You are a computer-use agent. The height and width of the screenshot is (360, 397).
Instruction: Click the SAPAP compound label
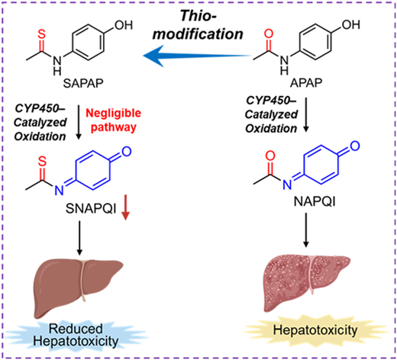(83, 83)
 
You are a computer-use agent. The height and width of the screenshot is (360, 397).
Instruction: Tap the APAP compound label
(306, 82)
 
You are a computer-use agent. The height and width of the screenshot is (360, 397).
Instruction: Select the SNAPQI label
(91, 209)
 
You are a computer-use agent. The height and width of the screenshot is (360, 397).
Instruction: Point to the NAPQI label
(315, 202)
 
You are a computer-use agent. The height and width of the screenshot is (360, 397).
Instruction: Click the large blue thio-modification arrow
(197, 55)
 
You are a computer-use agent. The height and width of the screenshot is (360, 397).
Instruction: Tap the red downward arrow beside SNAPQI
(125, 207)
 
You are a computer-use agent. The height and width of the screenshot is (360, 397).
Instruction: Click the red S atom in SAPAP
(41, 34)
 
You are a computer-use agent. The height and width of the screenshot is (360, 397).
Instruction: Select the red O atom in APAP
(269, 34)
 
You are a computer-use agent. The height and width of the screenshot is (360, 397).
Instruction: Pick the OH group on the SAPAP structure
(124, 25)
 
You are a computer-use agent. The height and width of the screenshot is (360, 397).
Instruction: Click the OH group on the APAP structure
(351, 24)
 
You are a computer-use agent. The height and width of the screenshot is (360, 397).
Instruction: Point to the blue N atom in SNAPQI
(59, 190)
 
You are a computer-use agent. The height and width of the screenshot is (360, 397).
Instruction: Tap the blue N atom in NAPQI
(287, 185)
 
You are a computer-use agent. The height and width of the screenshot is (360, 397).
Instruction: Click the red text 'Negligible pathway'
(114, 120)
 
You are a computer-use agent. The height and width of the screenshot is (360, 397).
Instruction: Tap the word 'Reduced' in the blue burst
(76, 329)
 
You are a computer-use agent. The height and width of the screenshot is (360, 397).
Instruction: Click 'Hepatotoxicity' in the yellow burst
(315, 330)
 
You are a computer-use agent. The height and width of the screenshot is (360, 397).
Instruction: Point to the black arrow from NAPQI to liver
(306, 230)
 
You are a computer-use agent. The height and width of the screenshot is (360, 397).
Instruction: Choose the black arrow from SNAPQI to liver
(79, 238)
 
